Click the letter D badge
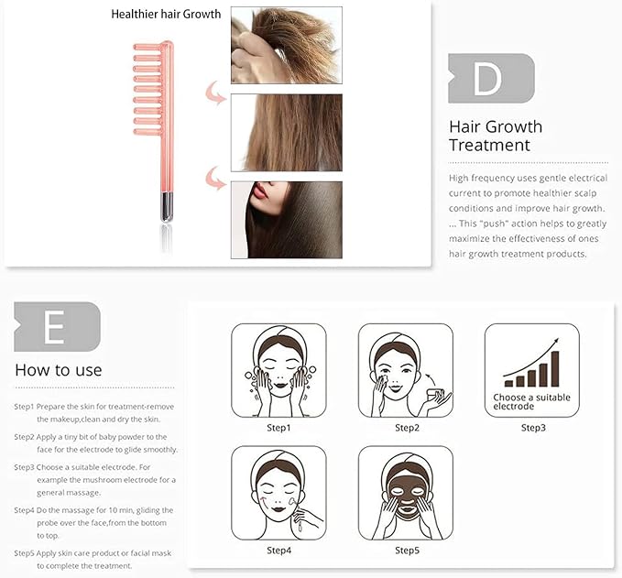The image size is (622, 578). pos(491,79)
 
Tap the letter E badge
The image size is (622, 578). pos(57,327)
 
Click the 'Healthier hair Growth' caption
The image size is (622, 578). pos(166,15)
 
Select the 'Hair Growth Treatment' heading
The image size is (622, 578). pos(496,136)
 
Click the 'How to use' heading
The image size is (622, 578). pos(59,370)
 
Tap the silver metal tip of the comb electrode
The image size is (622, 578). pos(167,207)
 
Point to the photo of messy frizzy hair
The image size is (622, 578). pos(287,45)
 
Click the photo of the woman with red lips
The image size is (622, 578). pos(287,220)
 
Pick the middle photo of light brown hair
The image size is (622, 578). pos(287,133)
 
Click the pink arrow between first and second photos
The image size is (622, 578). pos(214,93)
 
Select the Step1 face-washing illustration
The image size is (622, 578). pos(278,370)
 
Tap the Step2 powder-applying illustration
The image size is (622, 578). pos(406,370)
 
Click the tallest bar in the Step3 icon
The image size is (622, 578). pos(555,368)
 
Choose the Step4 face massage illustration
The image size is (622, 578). pos(278,493)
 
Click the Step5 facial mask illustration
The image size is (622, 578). pos(406,493)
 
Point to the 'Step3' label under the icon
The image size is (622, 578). pos(533,428)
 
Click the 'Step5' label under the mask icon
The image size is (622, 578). pos(407,551)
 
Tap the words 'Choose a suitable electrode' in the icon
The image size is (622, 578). pos(531,401)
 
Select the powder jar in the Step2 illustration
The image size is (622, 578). pos(434,396)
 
